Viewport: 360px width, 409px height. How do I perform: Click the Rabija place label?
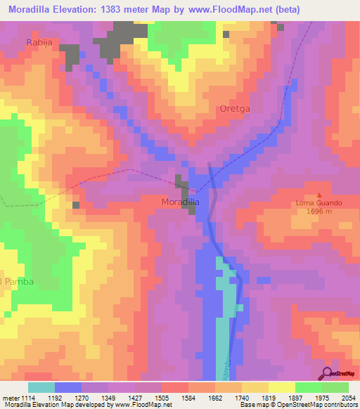(39, 41)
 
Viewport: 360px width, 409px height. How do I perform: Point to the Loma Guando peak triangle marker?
(319, 195)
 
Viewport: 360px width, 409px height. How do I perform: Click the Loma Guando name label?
(319, 203)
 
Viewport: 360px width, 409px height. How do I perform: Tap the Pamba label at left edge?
(18, 281)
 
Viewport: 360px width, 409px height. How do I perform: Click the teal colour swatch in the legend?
(41, 387)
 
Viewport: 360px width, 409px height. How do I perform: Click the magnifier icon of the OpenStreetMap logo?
(327, 372)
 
